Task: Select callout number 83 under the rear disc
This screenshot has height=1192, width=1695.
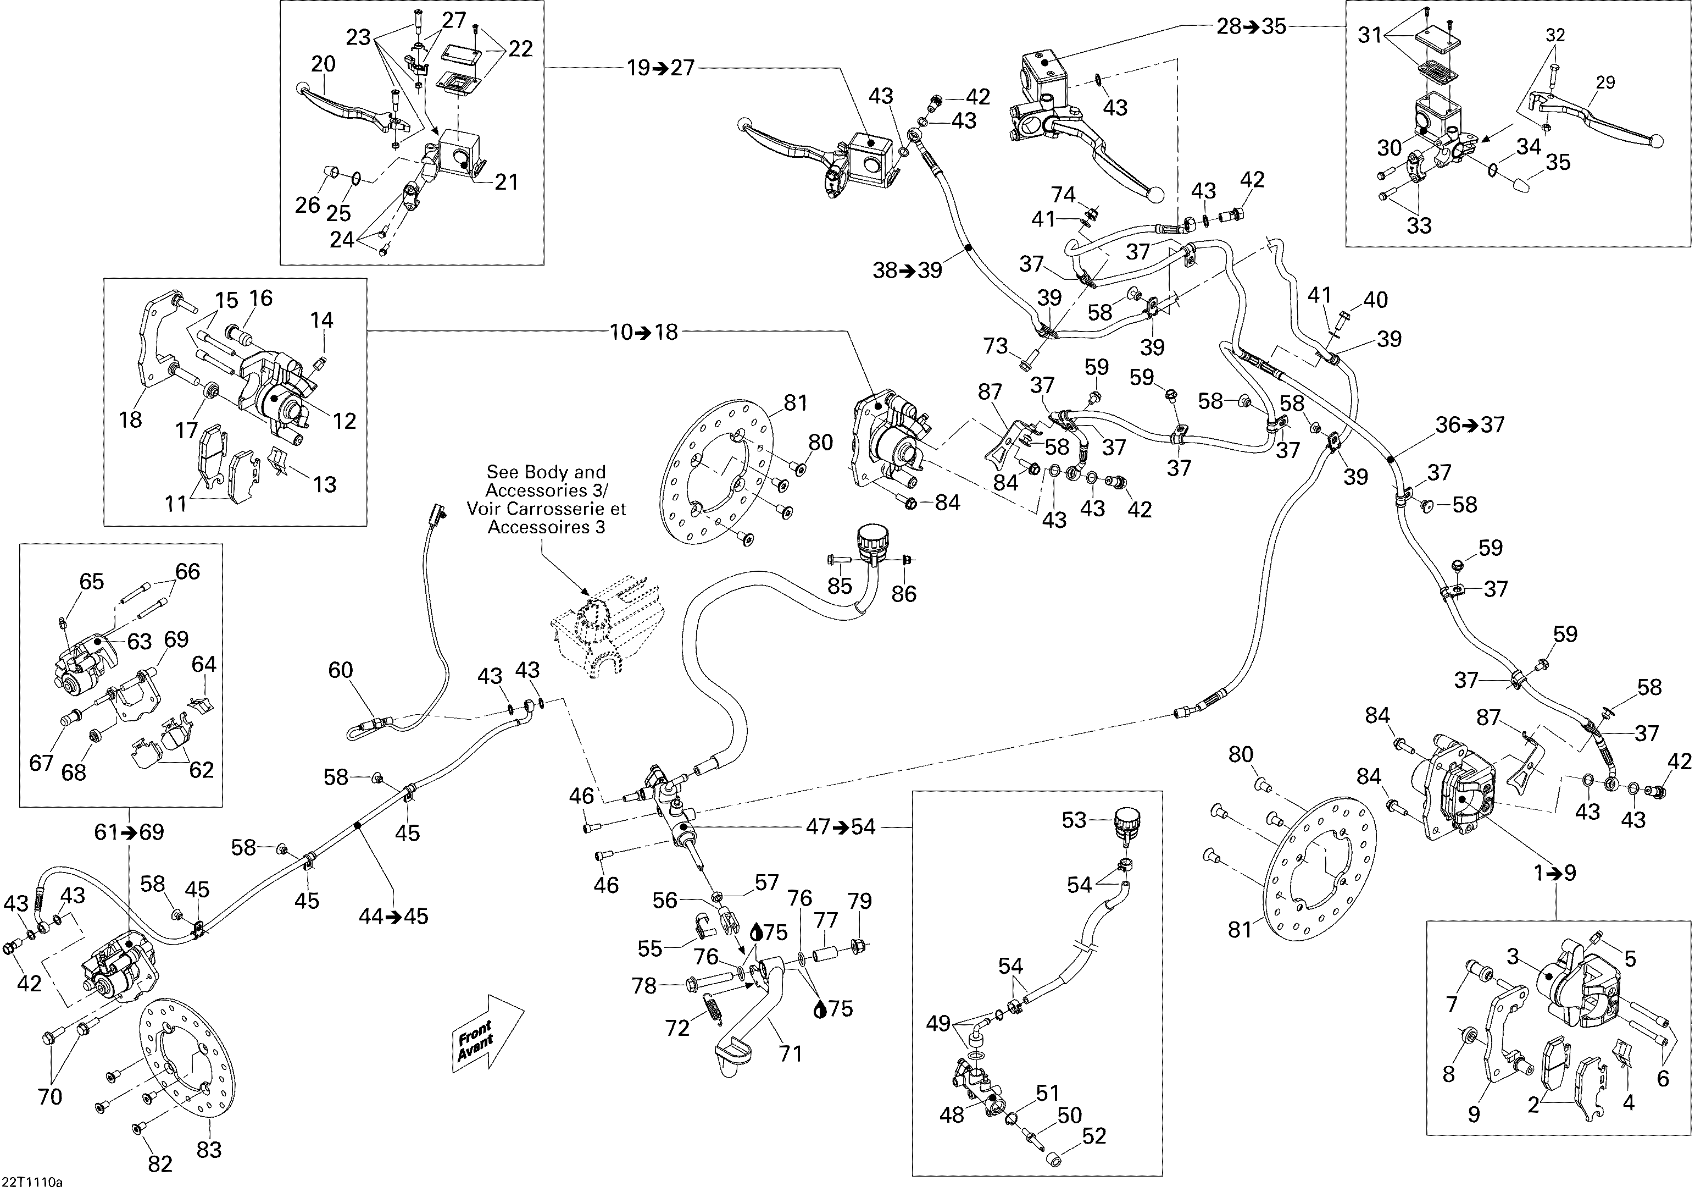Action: click(209, 1149)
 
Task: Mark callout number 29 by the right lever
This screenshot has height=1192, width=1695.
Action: click(1605, 82)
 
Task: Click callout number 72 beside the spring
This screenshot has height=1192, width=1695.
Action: click(677, 1027)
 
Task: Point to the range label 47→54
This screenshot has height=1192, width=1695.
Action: click(840, 826)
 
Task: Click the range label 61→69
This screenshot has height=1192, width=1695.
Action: click(129, 832)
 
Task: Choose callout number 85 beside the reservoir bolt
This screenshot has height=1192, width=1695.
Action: click(840, 586)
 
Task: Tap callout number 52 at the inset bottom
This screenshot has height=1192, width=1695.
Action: click(1093, 1135)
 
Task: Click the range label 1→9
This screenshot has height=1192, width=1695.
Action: click(1555, 873)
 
